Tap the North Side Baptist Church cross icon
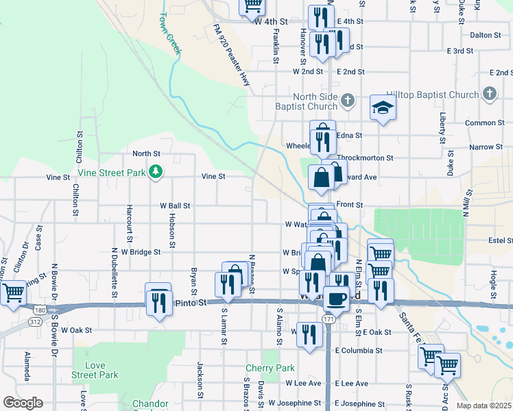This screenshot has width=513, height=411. tap(348, 101)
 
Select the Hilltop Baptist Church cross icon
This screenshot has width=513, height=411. tap(489, 94)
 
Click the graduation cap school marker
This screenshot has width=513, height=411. tap(383, 107)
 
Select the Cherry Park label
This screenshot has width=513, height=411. tap(270, 368)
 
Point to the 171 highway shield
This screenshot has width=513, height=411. tap(329, 319)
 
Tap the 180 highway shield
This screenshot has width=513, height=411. tap(41, 310)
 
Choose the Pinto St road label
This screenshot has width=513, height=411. tap(191, 301)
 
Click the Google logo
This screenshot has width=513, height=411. tap(22, 403)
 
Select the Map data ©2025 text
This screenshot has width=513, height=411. tap(484, 406)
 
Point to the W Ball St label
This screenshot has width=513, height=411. tap(175, 205)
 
